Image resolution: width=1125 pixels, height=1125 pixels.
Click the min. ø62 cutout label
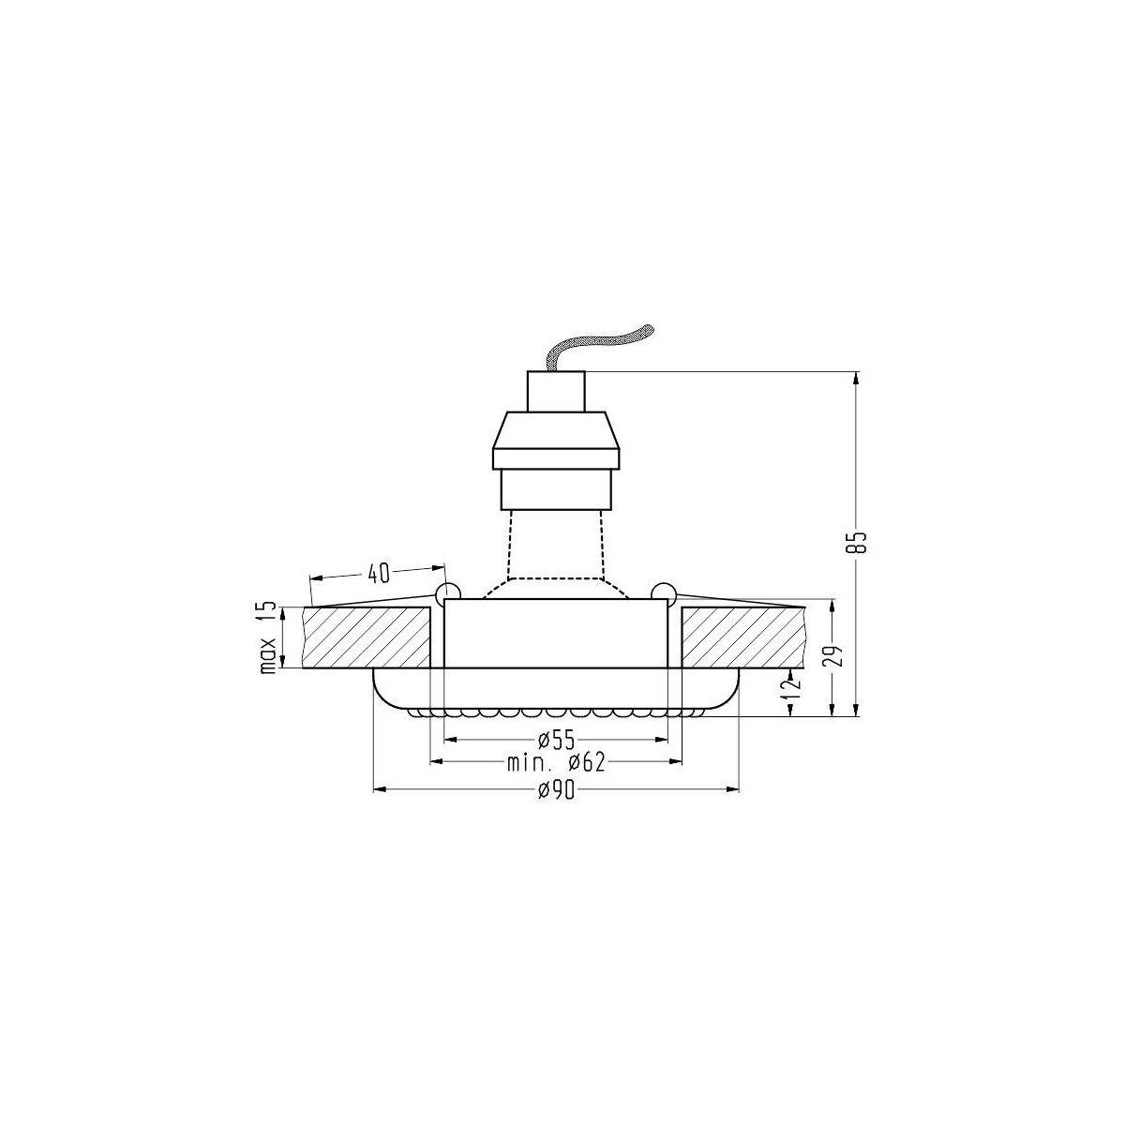[x=556, y=763]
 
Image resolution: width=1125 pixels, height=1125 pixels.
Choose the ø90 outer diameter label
[x=556, y=792]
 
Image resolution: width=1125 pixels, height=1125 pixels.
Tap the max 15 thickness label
[x=269, y=638]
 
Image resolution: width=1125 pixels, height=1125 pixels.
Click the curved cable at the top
[x=600, y=347]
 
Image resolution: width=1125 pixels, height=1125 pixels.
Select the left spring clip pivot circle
[x=447, y=592]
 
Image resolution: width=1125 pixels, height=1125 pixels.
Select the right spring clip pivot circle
[x=664, y=592]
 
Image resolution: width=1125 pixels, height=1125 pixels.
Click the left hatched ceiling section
[x=366, y=638]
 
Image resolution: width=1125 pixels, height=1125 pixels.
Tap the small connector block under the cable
[x=557, y=391]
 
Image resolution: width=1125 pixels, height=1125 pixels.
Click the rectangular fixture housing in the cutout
[x=556, y=634]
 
